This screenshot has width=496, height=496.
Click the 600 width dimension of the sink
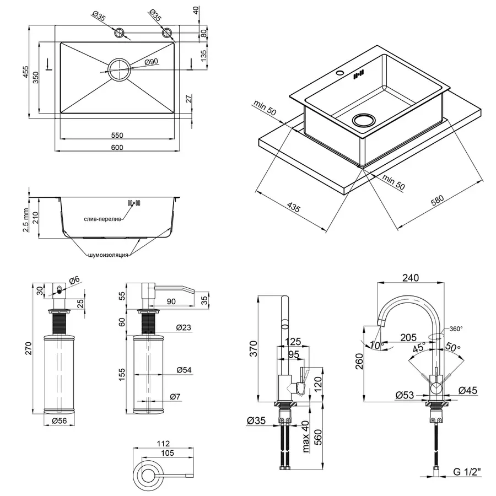[x=117, y=147]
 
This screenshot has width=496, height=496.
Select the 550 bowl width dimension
[x=117, y=135]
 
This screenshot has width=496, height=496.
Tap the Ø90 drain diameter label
[x=151, y=62]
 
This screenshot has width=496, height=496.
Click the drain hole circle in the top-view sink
[x=119, y=69]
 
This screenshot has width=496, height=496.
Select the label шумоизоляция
[x=108, y=255]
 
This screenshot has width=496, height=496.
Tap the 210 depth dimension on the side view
[x=35, y=217]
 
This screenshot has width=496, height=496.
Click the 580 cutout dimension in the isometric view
[x=437, y=202]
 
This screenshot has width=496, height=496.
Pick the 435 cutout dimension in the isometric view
[x=293, y=208]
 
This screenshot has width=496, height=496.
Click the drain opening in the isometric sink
[x=363, y=119]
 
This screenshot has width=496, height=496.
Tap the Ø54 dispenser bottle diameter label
[x=184, y=370]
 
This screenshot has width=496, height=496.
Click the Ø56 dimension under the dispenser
[x=60, y=421]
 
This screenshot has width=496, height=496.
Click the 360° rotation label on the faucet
[x=455, y=329]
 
